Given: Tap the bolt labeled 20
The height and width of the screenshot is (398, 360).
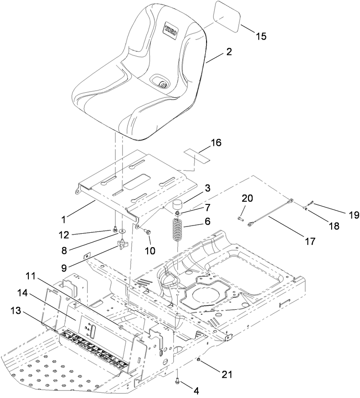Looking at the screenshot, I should click(x=240, y=218).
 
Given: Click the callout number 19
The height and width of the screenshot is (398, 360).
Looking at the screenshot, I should click(x=354, y=216).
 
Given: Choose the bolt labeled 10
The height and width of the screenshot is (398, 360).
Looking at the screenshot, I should click(x=148, y=231).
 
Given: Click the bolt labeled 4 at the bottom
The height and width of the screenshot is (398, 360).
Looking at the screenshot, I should click(x=178, y=382).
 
